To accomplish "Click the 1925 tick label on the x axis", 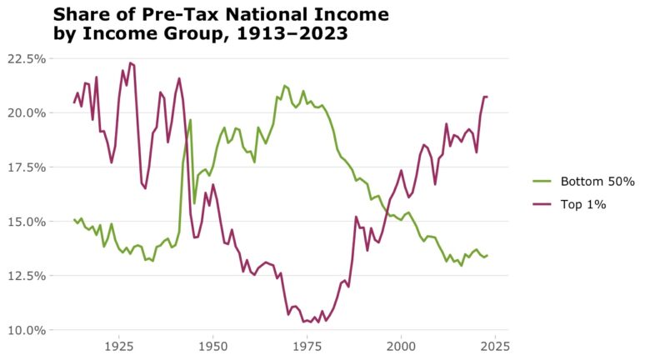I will (x=118, y=345).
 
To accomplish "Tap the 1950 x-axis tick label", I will (x=212, y=345).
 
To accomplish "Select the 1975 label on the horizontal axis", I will (x=307, y=345).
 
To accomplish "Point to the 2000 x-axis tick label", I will (x=401, y=345).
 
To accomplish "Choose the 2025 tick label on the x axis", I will (x=495, y=345).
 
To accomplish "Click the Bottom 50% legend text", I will (x=597, y=182).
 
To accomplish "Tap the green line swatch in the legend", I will (x=542, y=182).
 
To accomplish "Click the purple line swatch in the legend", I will (x=542, y=205).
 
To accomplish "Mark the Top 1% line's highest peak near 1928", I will (x=130, y=62).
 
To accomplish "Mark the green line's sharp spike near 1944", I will (x=190, y=120).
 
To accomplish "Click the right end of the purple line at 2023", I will (x=487, y=97).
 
